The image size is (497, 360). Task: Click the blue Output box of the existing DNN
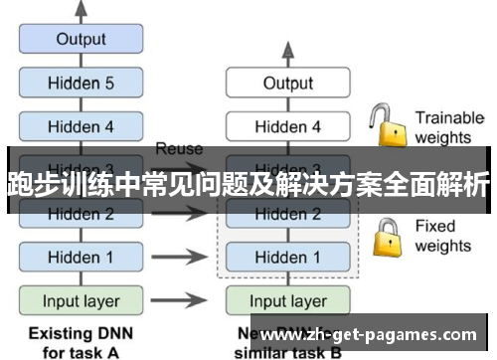tap(81, 40)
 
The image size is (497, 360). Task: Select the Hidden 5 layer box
tap(81, 84)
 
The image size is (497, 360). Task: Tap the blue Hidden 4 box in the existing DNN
tap(81, 126)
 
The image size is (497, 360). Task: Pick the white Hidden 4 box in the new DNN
tap(287, 126)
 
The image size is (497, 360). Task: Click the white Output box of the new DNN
tap(287, 84)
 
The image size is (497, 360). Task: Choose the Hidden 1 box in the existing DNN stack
tap(81, 257)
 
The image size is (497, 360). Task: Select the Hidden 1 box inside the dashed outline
tap(287, 257)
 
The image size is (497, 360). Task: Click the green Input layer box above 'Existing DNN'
tap(81, 300)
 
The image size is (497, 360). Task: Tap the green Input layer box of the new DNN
tap(287, 300)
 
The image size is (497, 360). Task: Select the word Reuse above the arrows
tap(179, 149)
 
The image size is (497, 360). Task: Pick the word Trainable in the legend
tap(449, 117)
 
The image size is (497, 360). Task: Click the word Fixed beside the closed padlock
tap(434, 226)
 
